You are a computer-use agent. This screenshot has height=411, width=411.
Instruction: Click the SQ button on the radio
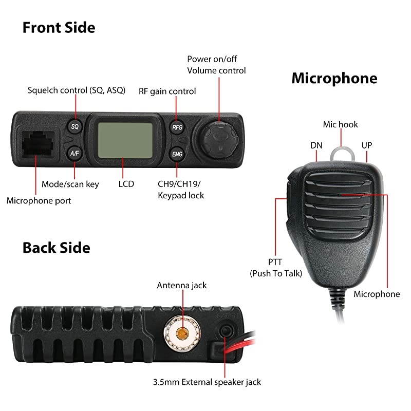click(75, 126)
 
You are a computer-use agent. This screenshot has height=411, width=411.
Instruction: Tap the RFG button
click(177, 127)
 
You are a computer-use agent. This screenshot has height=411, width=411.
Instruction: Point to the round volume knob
click(217, 139)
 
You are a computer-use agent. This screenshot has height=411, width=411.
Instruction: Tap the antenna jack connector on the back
click(181, 333)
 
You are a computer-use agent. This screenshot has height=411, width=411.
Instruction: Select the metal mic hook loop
click(340, 153)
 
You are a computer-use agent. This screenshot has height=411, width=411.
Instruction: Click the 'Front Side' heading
click(59, 27)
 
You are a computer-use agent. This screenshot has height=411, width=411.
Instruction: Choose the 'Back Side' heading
click(56, 248)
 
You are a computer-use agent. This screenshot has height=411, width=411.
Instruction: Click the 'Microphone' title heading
click(334, 78)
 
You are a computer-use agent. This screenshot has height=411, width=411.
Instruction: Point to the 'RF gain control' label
click(167, 91)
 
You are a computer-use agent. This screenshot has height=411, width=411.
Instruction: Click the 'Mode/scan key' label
click(70, 184)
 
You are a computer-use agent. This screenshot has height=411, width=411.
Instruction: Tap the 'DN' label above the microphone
click(316, 145)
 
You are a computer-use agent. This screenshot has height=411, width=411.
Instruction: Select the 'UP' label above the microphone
click(366, 145)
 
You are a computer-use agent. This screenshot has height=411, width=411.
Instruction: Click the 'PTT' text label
click(275, 262)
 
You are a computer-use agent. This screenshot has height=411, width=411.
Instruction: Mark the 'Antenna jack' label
click(181, 285)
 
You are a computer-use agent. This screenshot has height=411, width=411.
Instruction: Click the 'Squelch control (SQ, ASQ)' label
click(77, 90)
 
